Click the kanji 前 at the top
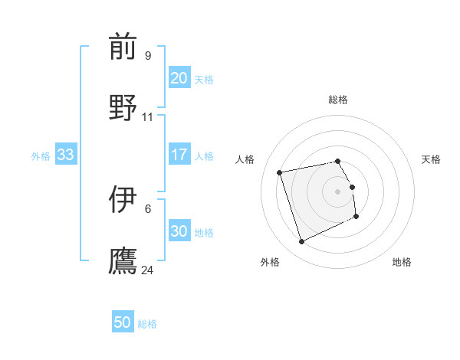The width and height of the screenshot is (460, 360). [123, 47]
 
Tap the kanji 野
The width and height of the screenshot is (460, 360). [123, 106]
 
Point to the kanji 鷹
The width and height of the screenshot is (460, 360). [123, 259]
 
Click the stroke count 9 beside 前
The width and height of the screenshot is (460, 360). [147, 55]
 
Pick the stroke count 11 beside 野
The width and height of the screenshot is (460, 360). [147, 116]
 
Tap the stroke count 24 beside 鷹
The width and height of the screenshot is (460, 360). [148, 270]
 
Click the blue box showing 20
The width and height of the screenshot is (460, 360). [179, 78]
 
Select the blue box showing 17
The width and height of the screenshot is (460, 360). [179, 155]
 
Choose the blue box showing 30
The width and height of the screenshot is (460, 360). [179, 231]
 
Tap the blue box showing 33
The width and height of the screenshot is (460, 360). [65, 155]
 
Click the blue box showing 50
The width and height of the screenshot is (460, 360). [123, 322]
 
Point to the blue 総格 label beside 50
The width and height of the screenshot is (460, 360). [147, 324]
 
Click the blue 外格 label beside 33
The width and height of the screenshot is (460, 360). [41, 156]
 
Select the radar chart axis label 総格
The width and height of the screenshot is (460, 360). [338, 100]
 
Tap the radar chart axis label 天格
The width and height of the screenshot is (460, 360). [431, 159]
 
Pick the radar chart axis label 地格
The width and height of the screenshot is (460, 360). [402, 262]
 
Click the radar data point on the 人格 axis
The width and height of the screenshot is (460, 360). [280, 172]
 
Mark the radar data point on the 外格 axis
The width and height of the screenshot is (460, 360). [301, 242]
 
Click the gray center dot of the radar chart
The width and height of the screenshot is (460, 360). [338, 191]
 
